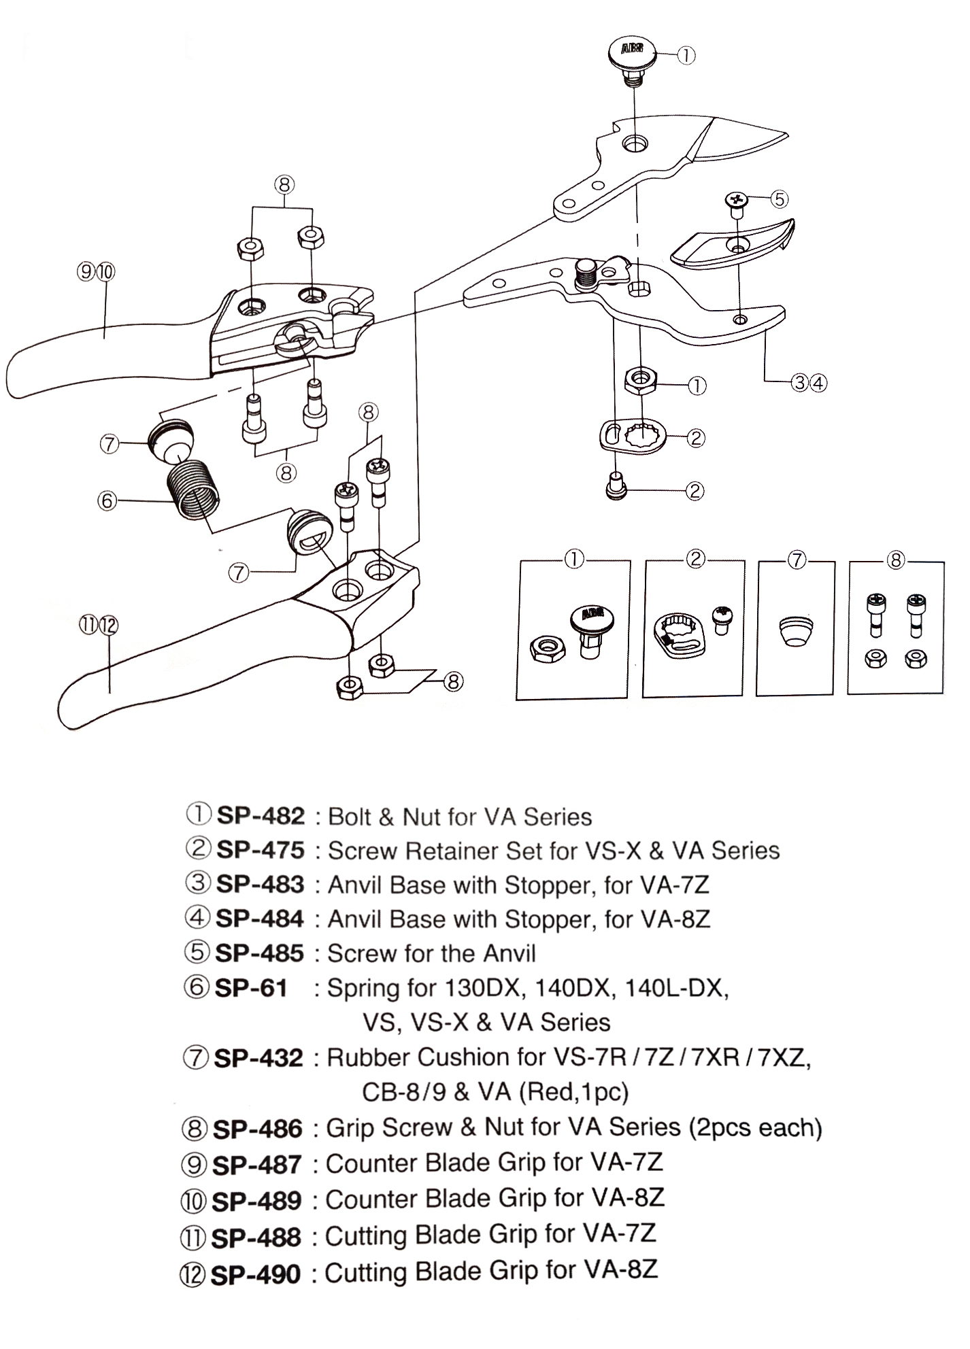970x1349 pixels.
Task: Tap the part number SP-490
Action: click(256, 1274)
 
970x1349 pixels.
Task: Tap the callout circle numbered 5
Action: click(779, 199)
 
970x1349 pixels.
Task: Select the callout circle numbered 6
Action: click(107, 501)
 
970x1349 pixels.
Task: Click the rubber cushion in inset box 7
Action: click(795, 630)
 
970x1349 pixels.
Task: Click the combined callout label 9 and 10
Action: click(96, 272)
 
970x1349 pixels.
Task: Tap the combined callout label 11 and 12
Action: click(99, 625)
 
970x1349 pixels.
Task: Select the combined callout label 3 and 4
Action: click(808, 383)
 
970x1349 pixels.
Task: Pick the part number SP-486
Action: click(258, 1129)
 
